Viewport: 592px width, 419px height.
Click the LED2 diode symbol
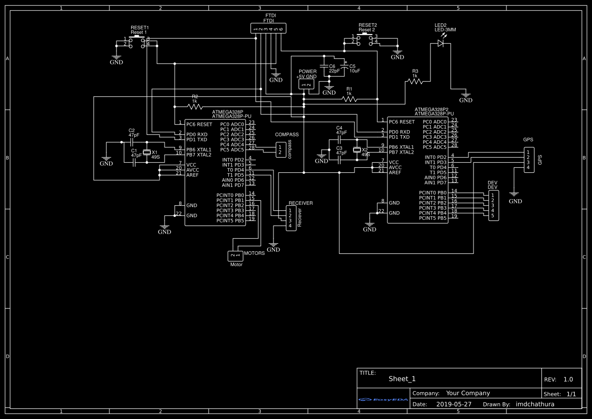pyautogui.click(x=441, y=44)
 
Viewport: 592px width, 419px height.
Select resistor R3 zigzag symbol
pyautogui.click(x=415, y=81)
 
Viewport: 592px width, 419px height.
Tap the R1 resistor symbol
pyautogui.click(x=349, y=99)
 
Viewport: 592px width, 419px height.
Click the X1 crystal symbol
pyautogui.click(x=147, y=152)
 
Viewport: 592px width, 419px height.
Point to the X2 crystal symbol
pyautogui.click(x=357, y=149)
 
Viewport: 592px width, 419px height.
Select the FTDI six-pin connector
pyautogui.click(x=268, y=29)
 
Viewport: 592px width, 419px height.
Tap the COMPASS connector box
pyautogui.click(x=280, y=149)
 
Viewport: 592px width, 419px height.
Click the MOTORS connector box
pyautogui.click(x=235, y=256)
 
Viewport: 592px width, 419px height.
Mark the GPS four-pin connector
pyautogui.click(x=528, y=160)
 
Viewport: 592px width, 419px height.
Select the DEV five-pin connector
pyautogui.click(x=493, y=205)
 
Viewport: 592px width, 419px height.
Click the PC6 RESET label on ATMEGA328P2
pyautogui.click(x=402, y=122)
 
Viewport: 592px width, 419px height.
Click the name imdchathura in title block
pyautogui.click(x=535, y=404)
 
